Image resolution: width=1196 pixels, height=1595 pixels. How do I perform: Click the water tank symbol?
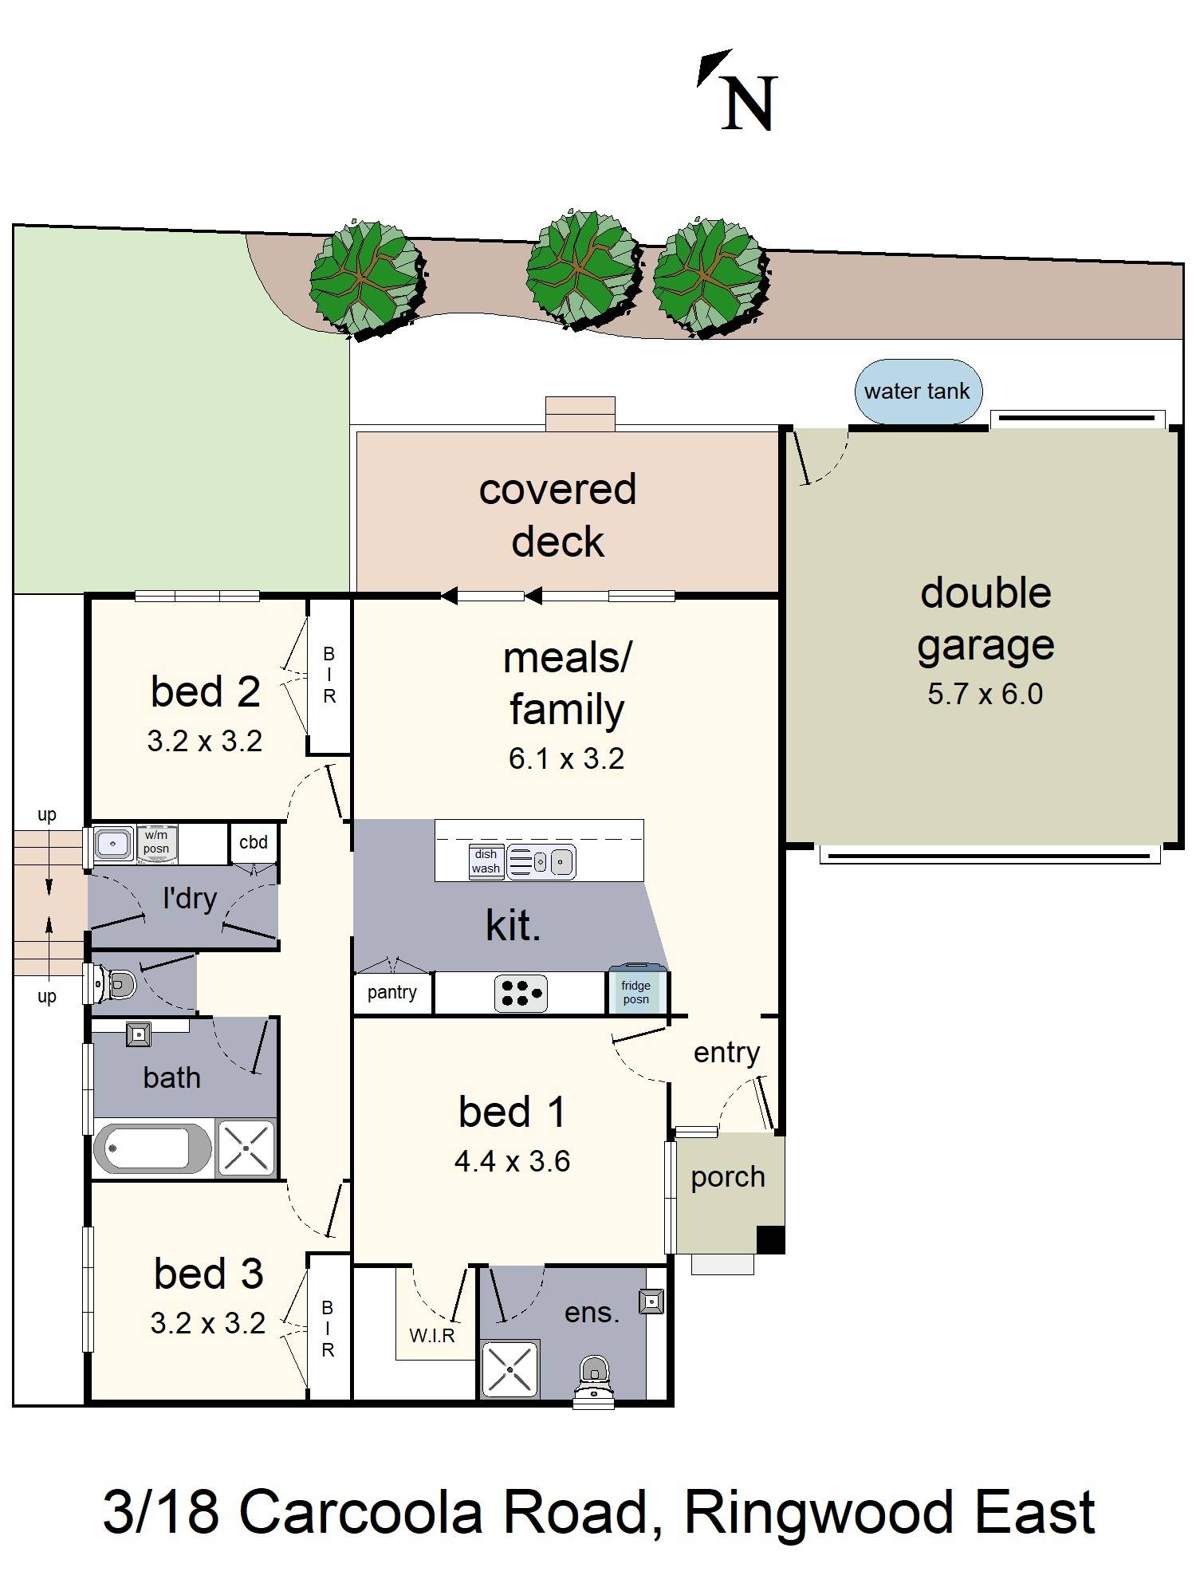(918, 391)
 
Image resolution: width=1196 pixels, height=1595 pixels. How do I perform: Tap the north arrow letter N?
(749, 104)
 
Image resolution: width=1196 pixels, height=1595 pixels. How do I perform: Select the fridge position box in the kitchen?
(636, 992)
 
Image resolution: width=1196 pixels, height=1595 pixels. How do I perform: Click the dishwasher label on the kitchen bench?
(486, 861)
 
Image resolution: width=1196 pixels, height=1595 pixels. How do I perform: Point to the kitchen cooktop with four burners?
(521, 993)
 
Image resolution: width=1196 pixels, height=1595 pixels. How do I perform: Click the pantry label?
(391, 992)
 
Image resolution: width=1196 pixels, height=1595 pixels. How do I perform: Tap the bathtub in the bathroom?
(151, 1149)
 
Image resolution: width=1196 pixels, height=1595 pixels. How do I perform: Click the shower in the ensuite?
(509, 1369)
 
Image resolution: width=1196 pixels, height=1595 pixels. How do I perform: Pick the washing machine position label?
(156, 842)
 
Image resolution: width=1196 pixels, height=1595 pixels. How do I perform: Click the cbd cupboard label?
(254, 842)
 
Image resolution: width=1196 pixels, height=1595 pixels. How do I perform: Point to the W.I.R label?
(432, 1336)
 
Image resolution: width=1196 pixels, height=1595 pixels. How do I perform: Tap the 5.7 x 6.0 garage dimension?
(985, 694)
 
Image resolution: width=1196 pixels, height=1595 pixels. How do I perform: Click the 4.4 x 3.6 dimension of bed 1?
(512, 1161)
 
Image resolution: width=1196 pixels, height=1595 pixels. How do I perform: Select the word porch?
(727, 1177)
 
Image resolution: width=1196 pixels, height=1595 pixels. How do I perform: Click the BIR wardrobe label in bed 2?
(329, 675)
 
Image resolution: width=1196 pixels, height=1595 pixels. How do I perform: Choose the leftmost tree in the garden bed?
(366, 276)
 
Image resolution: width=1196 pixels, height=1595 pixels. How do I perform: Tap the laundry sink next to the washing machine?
(114, 843)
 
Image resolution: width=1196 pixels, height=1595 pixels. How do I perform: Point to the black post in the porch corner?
(770, 1239)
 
